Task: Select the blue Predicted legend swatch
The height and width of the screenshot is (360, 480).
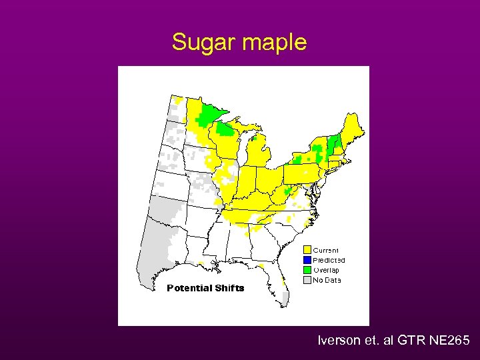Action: click(x=307, y=260)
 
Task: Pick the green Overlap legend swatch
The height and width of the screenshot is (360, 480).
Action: click(x=307, y=270)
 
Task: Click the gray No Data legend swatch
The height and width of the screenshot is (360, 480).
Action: click(x=307, y=280)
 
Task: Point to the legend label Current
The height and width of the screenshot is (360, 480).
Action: click(x=326, y=251)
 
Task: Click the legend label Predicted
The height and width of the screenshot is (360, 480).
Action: click(x=329, y=260)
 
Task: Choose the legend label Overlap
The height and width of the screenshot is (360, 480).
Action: click(x=327, y=270)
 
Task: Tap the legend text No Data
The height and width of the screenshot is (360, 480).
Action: click(x=327, y=280)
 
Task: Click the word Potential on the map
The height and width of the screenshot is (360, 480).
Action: click(x=189, y=288)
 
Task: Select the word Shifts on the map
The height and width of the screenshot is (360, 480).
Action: click(x=230, y=288)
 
